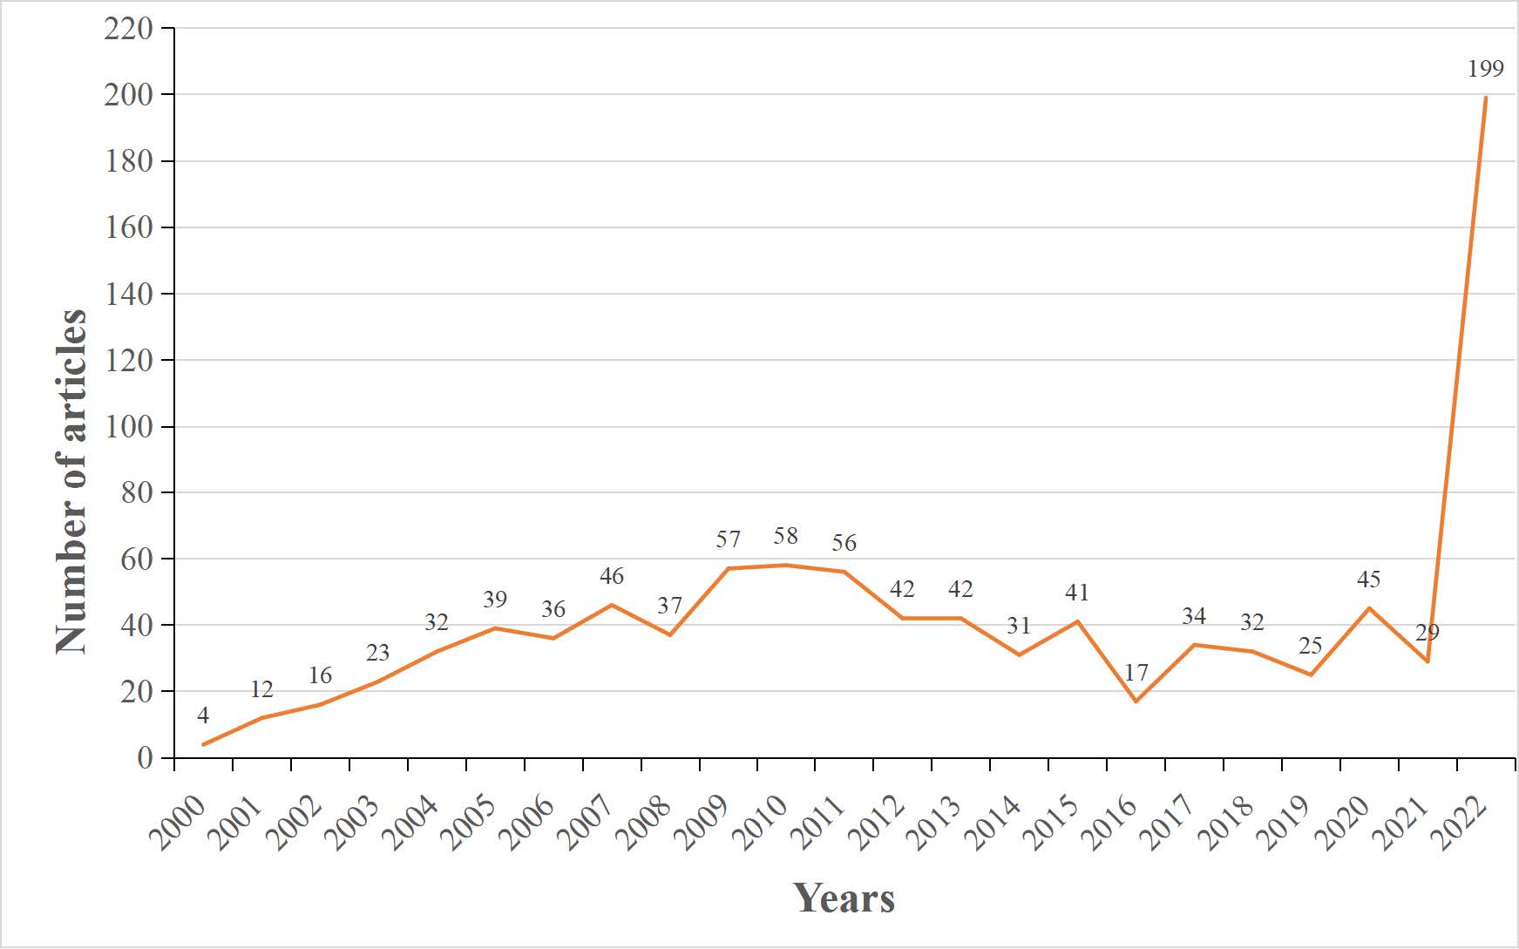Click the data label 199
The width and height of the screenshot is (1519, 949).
[x=1485, y=68]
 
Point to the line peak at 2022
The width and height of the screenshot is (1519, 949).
[x=1485, y=98]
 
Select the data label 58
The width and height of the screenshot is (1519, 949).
[x=785, y=536]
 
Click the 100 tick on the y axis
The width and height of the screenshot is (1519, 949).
[x=128, y=427]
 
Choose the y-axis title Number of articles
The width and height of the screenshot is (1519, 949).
[x=71, y=481]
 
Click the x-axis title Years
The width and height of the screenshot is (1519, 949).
[x=844, y=898]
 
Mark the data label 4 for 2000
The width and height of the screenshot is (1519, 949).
[x=203, y=715]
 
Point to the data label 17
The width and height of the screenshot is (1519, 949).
[x=1136, y=672]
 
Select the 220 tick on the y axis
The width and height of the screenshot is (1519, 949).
[x=128, y=29]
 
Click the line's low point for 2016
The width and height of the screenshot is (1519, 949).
[x=1136, y=702]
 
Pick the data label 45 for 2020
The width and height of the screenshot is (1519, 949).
[x=1368, y=579]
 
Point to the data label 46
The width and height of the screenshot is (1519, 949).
[x=611, y=575]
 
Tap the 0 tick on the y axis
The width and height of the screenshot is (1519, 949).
[x=145, y=758]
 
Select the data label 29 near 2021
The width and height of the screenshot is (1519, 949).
[x=1427, y=632]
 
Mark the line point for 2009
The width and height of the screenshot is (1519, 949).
[x=728, y=568]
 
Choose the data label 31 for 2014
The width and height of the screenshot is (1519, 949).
[x=1019, y=625]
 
